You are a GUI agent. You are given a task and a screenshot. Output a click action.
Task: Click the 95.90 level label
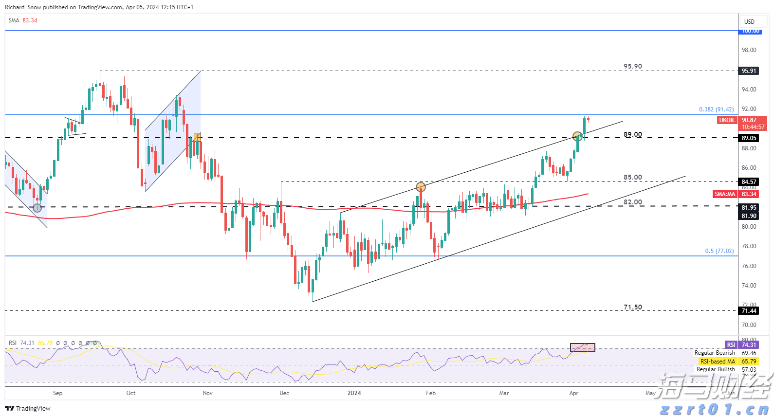[x=632, y=66]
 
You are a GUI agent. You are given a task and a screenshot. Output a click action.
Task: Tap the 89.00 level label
[x=632, y=134]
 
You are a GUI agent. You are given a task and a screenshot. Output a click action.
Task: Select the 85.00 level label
[x=632, y=177]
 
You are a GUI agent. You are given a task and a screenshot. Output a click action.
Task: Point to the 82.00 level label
[x=632, y=202]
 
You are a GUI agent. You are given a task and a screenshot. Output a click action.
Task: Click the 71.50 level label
[x=632, y=307]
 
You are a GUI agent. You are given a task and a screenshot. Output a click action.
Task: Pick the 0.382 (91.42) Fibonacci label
[x=716, y=109]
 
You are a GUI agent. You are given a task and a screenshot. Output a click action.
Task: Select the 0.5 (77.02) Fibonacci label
[x=719, y=251]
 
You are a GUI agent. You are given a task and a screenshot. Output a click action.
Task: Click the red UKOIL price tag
[x=727, y=120]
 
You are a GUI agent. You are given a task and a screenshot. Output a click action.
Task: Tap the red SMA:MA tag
[x=724, y=194]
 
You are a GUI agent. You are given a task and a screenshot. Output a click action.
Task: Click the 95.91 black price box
[x=749, y=71]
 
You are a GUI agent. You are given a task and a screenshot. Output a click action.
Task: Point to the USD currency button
[x=749, y=21]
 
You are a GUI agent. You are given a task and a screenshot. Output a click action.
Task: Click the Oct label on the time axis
[x=131, y=393]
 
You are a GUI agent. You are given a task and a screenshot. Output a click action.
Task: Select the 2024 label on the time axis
[x=354, y=393]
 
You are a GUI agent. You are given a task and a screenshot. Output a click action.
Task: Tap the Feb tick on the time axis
[x=431, y=393]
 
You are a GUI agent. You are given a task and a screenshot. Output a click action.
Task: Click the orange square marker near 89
[x=197, y=137]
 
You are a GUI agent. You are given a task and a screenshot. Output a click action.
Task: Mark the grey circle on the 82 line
[x=37, y=208]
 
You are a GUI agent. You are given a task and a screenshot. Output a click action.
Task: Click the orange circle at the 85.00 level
[x=421, y=187]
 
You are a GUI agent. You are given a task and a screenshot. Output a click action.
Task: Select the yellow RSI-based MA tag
[x=718, y=362]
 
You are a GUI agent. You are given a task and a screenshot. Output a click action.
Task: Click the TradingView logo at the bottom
[x=28, y=408]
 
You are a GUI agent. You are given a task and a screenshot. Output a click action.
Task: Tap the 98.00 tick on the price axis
[x=749, y=50]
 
